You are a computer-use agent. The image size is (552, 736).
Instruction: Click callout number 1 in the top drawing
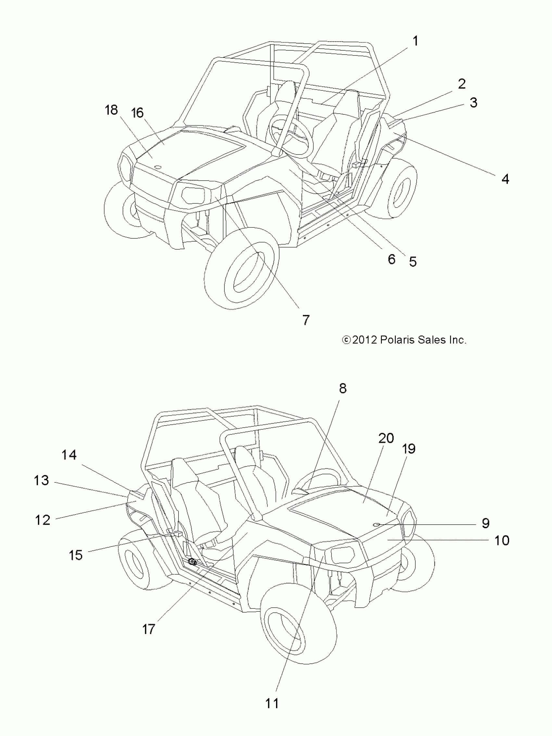415,41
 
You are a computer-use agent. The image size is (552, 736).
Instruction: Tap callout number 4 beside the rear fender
505,179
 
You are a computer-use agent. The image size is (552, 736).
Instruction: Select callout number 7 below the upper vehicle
306,320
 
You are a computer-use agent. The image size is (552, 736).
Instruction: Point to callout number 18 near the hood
111,110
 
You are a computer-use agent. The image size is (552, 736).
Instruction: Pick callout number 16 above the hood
137,113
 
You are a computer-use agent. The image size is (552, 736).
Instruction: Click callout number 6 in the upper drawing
391,259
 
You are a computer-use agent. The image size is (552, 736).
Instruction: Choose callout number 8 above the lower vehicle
343,388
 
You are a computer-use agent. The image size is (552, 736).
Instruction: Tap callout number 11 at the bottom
272,704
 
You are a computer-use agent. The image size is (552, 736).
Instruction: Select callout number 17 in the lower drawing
148,629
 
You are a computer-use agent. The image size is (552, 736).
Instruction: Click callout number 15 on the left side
76,555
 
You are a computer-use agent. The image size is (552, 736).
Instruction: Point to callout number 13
41,480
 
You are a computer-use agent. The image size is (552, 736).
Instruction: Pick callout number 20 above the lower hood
386,438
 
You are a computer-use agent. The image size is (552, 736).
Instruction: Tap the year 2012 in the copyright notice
364,340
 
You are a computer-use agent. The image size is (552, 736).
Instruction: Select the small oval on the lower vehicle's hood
377,524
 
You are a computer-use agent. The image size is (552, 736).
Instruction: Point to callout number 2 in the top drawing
461,84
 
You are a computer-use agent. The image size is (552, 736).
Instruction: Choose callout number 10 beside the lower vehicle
502,540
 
